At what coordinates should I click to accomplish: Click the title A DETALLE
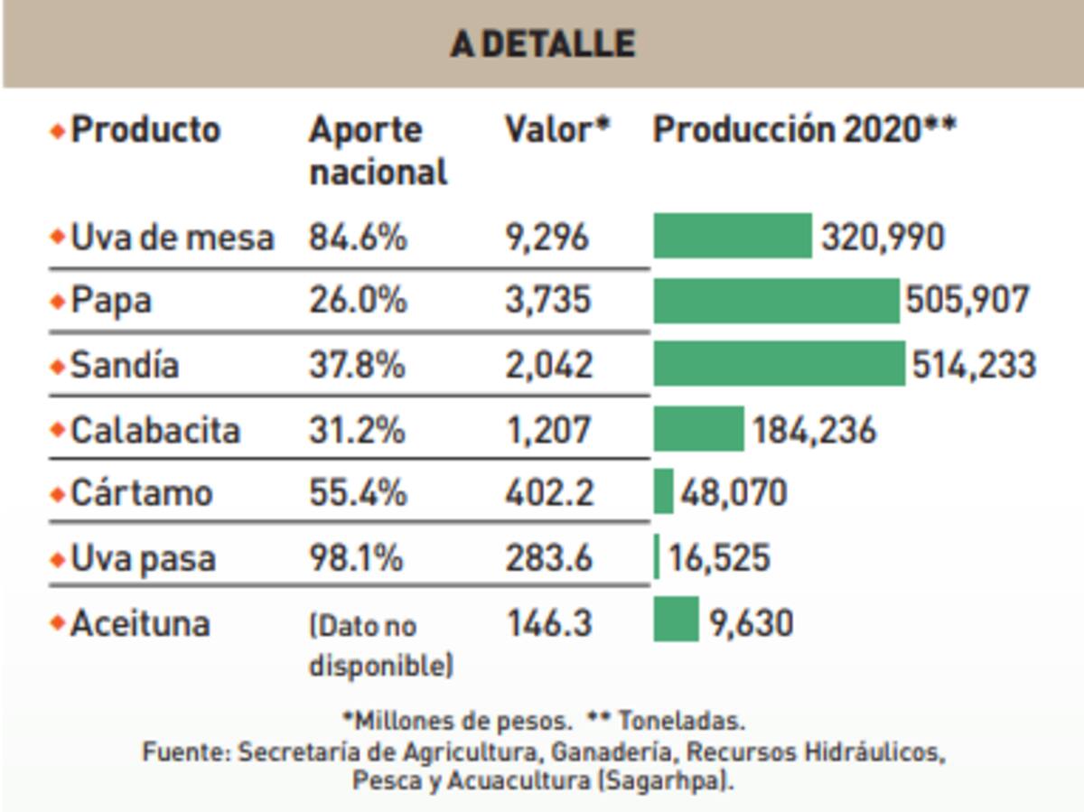(542, 44)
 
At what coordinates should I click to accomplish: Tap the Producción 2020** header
(804, 130)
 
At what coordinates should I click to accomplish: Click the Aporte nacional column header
(378, 151)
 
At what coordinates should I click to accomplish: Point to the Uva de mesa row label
(172, 238)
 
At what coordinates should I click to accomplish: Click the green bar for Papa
(776, 301)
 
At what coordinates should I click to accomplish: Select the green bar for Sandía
(779, 364)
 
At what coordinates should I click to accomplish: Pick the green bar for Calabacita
(698, 429)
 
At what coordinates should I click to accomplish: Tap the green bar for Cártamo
(663, 492)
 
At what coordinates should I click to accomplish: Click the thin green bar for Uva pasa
(657, 557)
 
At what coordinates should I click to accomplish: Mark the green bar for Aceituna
(676, 621)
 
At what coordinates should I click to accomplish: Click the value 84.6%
(358, 238)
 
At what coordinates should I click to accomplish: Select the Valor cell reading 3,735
(547, 301)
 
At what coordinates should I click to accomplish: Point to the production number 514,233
(973, 365)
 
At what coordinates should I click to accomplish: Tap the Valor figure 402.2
(548, 493)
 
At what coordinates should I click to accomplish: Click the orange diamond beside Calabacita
(58, 430)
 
